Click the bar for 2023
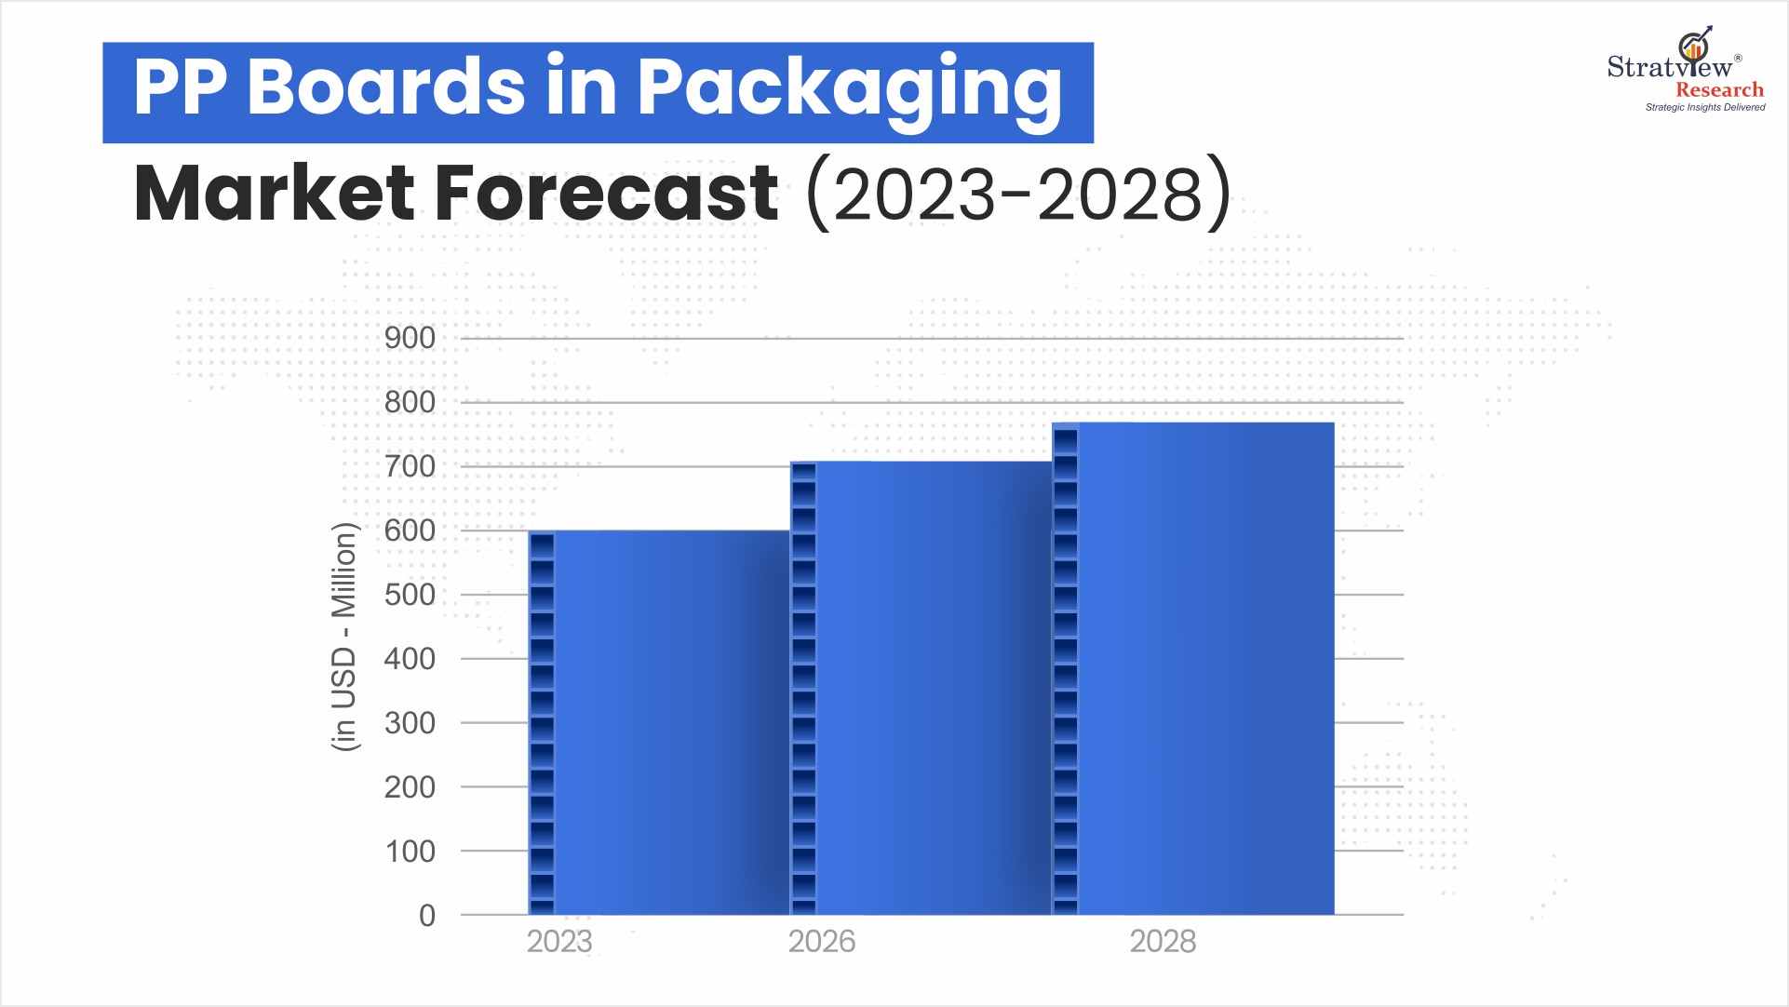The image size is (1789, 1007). (659, 722)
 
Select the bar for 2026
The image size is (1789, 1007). (921, 688)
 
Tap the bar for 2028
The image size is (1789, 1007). (1193, 668)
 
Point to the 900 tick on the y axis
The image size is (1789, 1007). (410, 338)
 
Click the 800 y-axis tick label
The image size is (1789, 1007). (410, 402)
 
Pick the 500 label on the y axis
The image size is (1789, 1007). (410, 595)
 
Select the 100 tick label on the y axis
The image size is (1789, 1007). (410, 852)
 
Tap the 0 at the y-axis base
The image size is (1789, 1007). (427, 916)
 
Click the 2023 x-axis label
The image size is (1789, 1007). (559, 942)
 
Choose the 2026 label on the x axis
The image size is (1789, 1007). (822, 942)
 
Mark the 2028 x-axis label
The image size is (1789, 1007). (1163, 942)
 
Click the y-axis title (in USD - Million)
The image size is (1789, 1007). (344, 637)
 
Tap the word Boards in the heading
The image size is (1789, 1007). (386, 87)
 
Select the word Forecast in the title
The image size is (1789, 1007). (607, 194)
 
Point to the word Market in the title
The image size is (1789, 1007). (275, 194)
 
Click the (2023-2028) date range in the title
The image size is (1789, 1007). (1019, 194)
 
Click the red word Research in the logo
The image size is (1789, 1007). (1719, 90)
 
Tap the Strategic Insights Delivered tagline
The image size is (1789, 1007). (1705, 108)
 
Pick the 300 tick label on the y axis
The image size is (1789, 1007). (410, 723)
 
